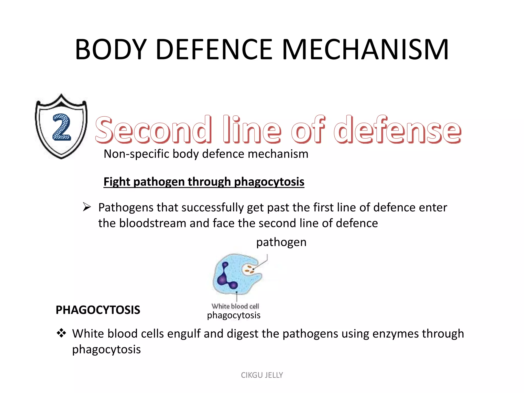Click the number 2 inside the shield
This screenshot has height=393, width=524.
61,127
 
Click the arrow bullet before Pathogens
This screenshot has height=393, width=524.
87,207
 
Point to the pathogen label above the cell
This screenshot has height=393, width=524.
281,242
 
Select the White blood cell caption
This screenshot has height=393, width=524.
235,306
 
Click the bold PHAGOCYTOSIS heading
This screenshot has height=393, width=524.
98,310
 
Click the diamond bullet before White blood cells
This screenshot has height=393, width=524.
61,333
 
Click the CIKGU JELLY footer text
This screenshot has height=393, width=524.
262,375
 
